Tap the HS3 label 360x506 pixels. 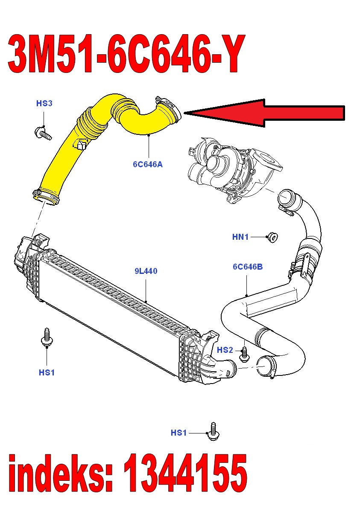[x=44, y=103]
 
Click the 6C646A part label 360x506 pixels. [x=148, y=163]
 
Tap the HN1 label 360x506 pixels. [x=240, y=237]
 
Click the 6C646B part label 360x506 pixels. [x=248, y=267]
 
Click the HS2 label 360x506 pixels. [x=225, y=350]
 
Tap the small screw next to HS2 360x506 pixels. [x=245, y=353]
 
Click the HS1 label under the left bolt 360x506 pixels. [x=47, y=372]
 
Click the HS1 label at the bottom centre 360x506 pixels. [x=179, y=433]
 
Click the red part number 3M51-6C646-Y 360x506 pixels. [x=126, y=54]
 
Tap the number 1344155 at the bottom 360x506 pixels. [x=185, y=473]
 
